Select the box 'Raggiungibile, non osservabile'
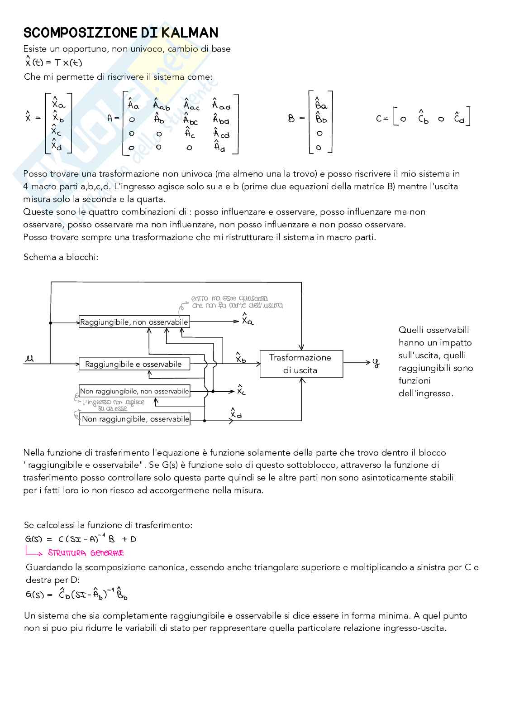134,322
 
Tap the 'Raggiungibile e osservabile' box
134,364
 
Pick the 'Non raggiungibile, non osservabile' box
134,391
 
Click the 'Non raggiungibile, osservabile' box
134,419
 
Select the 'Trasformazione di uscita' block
301,364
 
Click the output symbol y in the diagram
376,363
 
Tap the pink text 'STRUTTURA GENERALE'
86,553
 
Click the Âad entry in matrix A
221,105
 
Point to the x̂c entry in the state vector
56,131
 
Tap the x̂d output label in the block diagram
236,413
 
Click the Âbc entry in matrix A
191,120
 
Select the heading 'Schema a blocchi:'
61,257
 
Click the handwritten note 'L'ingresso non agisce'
109,402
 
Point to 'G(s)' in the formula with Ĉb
35,595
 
